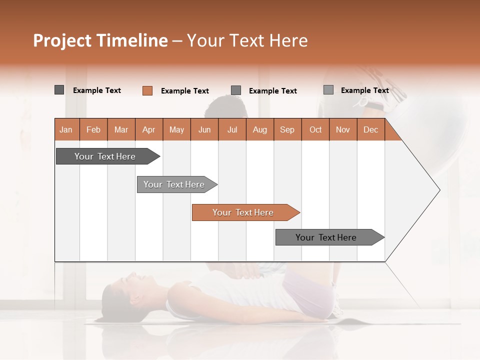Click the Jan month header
(66, 129)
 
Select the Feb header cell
(93, 129)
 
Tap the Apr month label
(149, 129)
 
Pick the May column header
(176, 129)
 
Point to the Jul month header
(232, 129)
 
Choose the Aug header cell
(260, 129)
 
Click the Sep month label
(287, 129)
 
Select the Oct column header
(315, 129)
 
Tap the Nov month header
(343, 129)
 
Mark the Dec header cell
(371, 129)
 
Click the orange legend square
(147, 90)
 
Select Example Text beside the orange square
(185, 91)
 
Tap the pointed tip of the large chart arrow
(438, 190)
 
